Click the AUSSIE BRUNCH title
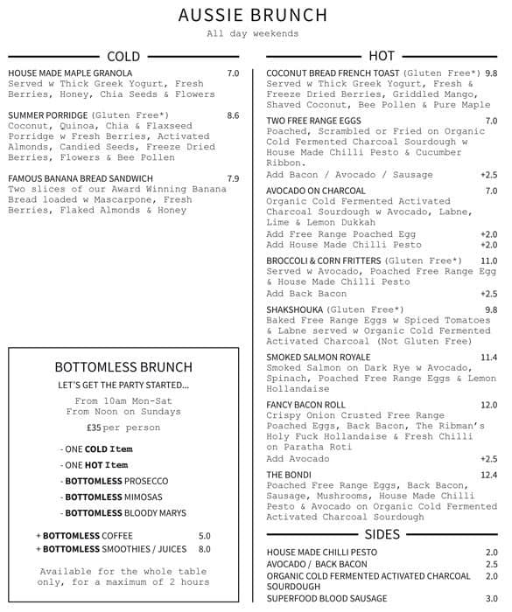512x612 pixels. pos(253,15)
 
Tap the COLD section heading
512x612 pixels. pos(123,56)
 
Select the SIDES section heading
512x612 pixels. pos(382,534)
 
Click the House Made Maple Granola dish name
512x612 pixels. pos(70,73)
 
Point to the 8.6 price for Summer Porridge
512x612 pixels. pos(233,115)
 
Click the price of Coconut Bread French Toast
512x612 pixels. pos(491,73)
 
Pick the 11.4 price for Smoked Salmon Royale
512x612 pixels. pos(488,358)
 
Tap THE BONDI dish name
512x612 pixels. pos(291,475)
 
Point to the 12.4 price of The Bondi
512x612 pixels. pos(488,475)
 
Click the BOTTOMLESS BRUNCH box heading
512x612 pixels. pos(123,367)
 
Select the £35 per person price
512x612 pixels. pos(123,428)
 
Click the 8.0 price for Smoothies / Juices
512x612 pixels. pos(204,549)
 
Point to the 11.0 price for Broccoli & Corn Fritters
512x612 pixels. pos(488,261)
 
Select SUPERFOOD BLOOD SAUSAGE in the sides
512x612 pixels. pos(326,599)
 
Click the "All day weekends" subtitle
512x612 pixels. pos(253,33)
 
